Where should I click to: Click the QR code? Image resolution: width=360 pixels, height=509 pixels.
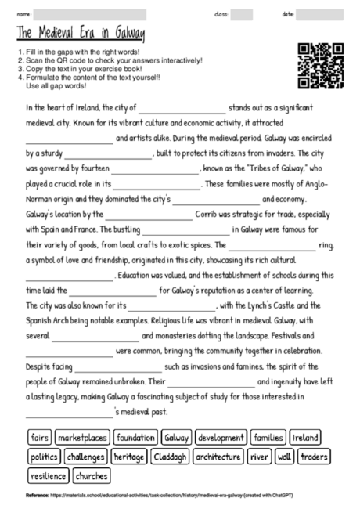click(x=321, y=65)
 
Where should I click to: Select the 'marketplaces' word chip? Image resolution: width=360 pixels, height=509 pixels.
click(x=82, y=437)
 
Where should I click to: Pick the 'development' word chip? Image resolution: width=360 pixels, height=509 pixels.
click(x=221, y=437)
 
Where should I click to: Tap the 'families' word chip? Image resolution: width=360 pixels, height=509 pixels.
click(x=268, y=437)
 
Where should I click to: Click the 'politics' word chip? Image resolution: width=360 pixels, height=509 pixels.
click(x=44, y=456)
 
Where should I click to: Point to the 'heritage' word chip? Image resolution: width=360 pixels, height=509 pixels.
click(x=128, y=456)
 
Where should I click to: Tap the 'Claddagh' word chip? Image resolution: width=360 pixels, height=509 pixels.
click(x=170, y=456)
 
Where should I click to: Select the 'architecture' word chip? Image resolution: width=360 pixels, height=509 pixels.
click(x=218, y=456)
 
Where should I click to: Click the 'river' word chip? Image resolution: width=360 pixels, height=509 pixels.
click(x=261, y=456)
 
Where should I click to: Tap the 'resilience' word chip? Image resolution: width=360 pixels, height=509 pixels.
click(x=49, y=475)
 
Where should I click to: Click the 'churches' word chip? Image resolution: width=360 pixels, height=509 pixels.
click(x=92, y=475)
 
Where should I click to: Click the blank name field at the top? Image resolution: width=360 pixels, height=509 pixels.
click(x=110, y=14)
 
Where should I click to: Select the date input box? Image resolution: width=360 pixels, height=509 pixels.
click(x=320, y=14)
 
